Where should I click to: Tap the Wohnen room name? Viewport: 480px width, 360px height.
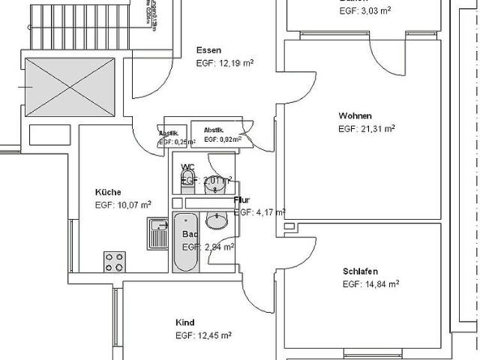point(354,115)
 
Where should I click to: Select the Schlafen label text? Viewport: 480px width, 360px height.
point(360,271)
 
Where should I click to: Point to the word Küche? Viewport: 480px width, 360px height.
point(108,192)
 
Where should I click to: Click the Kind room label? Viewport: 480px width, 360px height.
point(184,322)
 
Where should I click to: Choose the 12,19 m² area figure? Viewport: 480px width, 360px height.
point(235,63)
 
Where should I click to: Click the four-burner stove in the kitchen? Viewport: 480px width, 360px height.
point(114,262)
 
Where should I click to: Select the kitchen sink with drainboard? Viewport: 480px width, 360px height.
point(157,235)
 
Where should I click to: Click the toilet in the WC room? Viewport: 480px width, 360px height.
point(187,178)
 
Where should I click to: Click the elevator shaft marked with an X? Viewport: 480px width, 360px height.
point(70,88)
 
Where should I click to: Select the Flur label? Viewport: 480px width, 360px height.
point(241,200)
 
